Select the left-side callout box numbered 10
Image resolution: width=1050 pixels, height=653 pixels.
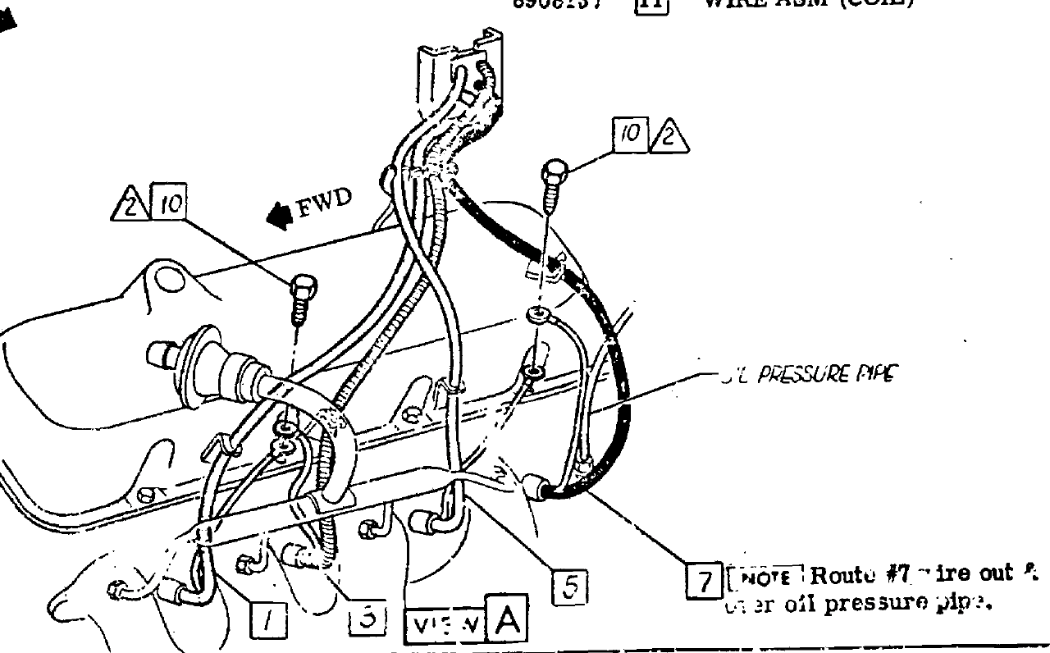pyautogui.click(x=168, y=204)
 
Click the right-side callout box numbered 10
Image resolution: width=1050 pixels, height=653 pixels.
pyautogui.click(x=631, y=135)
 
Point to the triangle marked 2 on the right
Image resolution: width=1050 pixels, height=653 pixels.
pyautogui.click(x=669, y=136)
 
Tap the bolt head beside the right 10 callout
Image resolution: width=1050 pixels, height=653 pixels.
pyautogui.click(x=555, y=173)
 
